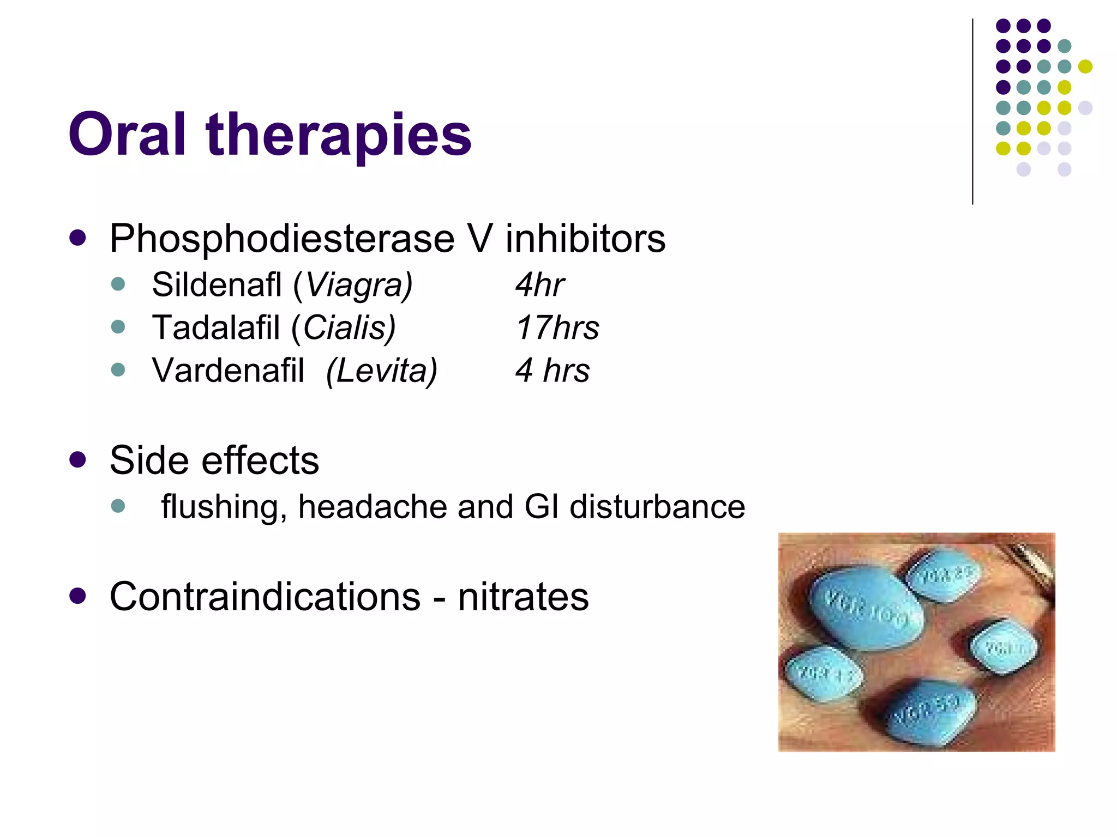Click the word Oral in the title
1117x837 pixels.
coord(127,134)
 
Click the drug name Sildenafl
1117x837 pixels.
coord(217,284)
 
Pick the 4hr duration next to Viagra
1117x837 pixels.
coord(539,284)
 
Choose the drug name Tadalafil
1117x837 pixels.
coord(216,327)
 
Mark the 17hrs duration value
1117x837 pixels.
coord(557,327)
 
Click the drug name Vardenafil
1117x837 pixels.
coord(228,371)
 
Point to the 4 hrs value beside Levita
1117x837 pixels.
coord(553,371)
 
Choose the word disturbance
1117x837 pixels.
coord(657,506)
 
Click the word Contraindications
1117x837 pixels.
coord(265,596)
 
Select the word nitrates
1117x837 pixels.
coord(523,597)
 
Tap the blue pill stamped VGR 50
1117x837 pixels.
coord(927,711)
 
